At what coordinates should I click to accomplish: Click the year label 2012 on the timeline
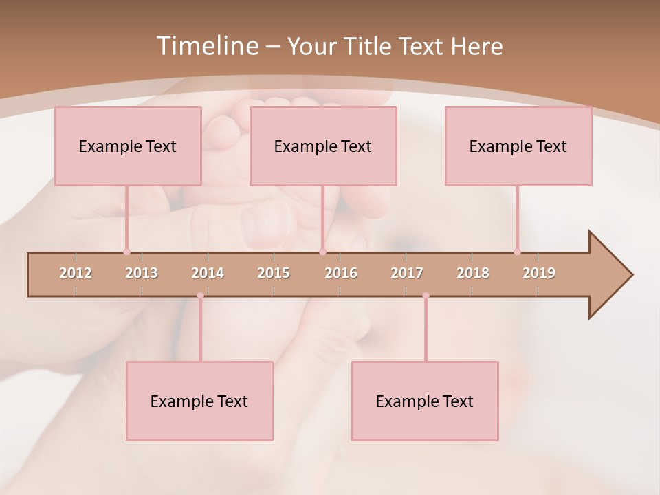coord(76,273)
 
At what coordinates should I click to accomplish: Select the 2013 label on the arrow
coord(142,273)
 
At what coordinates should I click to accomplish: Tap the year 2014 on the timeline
coord(208,273)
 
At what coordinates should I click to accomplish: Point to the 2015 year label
coord(274,273)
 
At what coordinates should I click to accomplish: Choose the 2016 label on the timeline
coord(341,273)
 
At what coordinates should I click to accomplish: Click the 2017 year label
coord(407,273)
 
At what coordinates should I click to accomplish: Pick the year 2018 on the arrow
coord(473,273)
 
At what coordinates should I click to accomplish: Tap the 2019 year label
coord(539,273)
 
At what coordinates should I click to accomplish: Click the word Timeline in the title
coord(206,46)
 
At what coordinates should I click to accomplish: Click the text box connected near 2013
coord(128,146)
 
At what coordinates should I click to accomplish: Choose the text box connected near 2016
coord(323,146)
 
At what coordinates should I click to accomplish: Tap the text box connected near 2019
coord(518,146)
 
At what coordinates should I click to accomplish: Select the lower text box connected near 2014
coord(199,401)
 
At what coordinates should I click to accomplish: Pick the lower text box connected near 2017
coord(425,401)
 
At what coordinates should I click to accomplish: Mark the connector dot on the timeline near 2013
coord(126,252)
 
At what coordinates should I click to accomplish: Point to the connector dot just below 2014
coord(200,296)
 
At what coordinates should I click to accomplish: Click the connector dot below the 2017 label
coord(426,296)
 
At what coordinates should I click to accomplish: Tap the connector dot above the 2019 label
coord(517,252)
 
